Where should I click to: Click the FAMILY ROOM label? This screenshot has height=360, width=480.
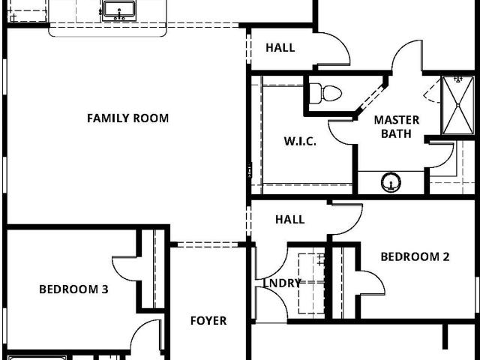[x=128, y=118]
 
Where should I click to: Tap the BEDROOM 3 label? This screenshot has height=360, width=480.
[x=73, y=289]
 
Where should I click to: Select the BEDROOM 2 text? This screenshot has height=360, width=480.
[x=415, y=256]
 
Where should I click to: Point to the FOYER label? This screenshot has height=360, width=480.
[x=208, y=321]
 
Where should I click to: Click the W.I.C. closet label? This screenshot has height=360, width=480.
[x=300, y=142]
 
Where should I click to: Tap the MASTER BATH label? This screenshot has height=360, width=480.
[x=397, y=127]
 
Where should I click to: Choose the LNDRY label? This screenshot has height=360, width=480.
[x=282, y=283]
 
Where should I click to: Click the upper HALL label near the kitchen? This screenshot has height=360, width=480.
[x=280, y=48]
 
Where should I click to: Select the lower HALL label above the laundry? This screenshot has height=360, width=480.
[x=290, y=220]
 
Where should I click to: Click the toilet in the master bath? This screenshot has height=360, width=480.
[x=325, y=93]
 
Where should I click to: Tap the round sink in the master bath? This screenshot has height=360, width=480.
[x=391, y=182]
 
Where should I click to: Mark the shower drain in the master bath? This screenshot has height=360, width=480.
[x=458, y=105]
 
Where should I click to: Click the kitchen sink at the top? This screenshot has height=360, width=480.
[x=118, y=10]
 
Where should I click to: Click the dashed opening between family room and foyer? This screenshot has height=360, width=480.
[x=208, y=244]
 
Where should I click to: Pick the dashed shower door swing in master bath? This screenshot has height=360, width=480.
[x=431, y=90]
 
